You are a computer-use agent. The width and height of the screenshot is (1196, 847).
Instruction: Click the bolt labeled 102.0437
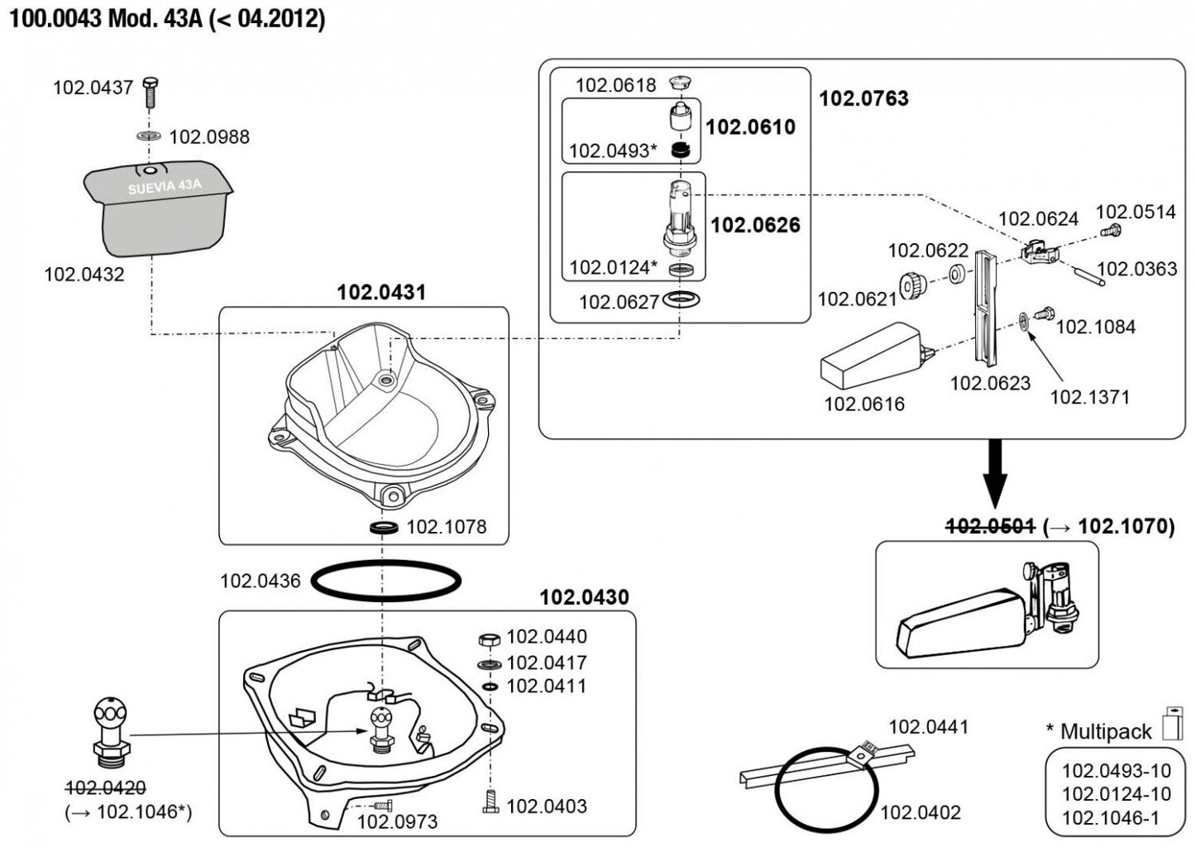pyautogui.click(x=149, y=92)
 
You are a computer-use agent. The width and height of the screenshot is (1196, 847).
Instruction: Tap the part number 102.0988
pyautogui.click(x=209, y=136)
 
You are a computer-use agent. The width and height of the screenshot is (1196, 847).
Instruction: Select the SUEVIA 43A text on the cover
pyautogui.click(x=165, y=186)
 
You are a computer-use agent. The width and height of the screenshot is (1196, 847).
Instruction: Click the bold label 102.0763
pyautogui.click(x=864, y=98)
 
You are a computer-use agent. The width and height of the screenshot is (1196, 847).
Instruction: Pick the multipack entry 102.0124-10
pyautogui.click(x=1117, y=795)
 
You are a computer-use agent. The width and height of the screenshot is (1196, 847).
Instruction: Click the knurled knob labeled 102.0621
pyautogui.click(x=911, y=286)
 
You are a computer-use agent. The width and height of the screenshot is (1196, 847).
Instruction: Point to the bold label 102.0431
pyautogui.click(x=381, y=292)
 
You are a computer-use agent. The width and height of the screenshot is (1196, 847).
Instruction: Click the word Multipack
pyautogui.click(x=1106, y=731)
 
